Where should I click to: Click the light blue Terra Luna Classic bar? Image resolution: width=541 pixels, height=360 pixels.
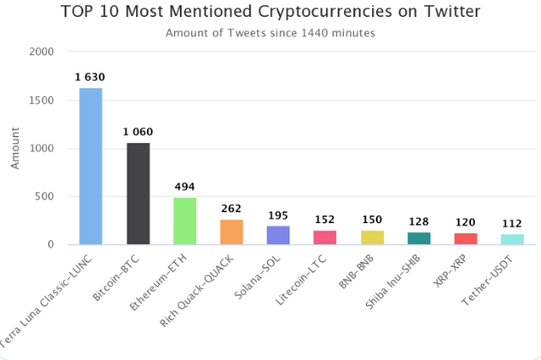pos(90,166)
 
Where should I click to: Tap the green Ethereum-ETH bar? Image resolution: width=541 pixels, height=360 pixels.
pos(185,221)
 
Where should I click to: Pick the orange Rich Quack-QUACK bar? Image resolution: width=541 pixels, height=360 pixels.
pos(232,232)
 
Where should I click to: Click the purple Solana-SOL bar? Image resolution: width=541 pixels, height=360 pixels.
pos(279,236)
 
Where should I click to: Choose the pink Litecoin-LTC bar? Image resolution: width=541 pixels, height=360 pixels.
pos(325,237)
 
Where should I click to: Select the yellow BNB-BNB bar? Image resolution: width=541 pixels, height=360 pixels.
pos(373,237)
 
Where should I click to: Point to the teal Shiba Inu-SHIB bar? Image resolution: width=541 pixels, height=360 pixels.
pos(419,239)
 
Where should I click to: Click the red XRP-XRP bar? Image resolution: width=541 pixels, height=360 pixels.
pos(466,239)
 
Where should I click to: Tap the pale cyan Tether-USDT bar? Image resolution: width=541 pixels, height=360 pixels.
pos(513,240)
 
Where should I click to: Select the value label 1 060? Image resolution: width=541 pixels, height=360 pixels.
pos(138,133)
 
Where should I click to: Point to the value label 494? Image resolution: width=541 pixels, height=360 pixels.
pos(185,187)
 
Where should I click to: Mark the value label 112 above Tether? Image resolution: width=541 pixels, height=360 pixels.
pos(513,222)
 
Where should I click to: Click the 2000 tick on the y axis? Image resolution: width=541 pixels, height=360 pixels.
pos(42,52)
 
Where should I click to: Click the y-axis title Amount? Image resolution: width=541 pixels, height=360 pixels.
pos(15,149)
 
